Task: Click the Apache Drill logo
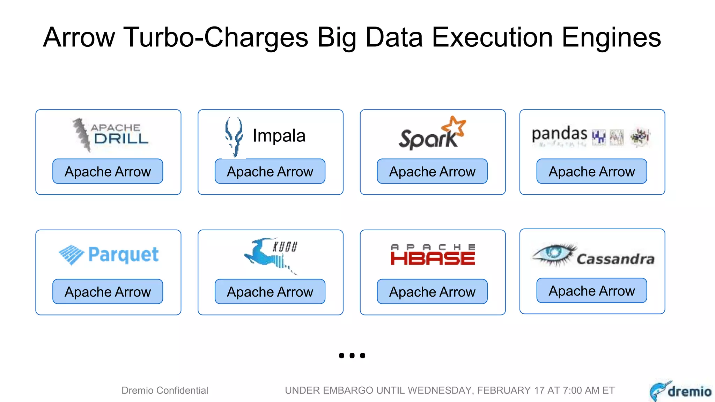[110, 135]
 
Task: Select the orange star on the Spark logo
[454, 126]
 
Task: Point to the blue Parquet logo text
[124, 254]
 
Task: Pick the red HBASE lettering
[433, 259]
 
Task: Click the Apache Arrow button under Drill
[108, 171]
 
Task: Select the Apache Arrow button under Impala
[270, 171]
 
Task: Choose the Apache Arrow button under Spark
[432, 171]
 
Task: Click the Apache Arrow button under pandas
[592, 171]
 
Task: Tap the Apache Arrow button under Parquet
[108, 291]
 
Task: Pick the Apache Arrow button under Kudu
[270, 291]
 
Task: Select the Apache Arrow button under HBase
[432, 291]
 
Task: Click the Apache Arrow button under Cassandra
[592, 290]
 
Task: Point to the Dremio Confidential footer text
[165, 390]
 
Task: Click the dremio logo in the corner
[680, 391]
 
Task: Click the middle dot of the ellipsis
[352, 356]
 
